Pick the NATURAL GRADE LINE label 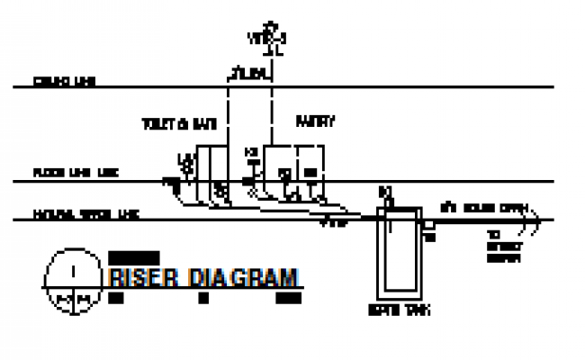point(85,215)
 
